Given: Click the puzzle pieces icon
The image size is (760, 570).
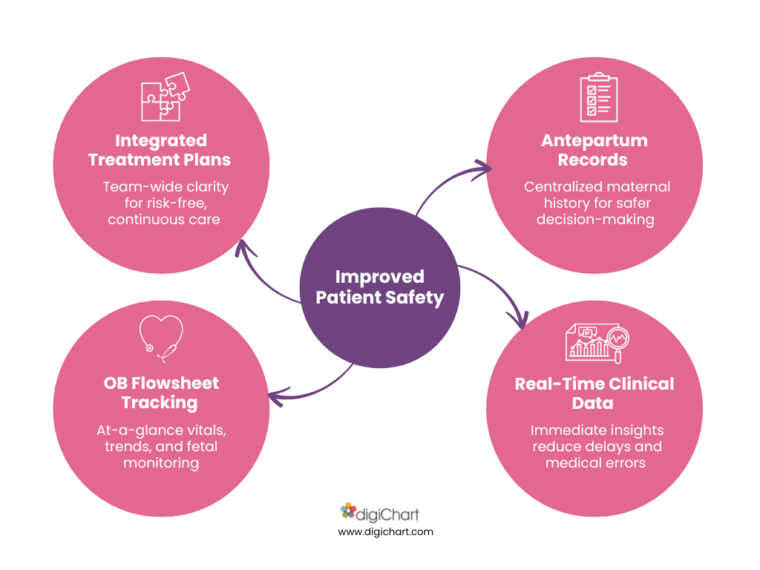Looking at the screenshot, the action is [x=166, y=96].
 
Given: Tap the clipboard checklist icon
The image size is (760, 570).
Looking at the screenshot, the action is [x=599, y=97].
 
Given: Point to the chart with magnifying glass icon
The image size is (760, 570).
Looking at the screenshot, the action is [x=597, y=343].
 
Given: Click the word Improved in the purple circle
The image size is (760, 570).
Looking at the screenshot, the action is [x=379, y=277].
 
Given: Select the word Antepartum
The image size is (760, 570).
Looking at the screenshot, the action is [x=594, y=140].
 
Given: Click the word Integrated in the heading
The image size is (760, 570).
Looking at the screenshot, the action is [x=161, y=140].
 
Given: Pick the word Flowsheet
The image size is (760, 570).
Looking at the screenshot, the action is [x=175, y=383].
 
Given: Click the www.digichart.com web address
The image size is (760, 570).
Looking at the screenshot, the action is [x=385, y=531].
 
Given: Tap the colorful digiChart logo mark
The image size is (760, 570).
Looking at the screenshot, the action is [x=347, y=511].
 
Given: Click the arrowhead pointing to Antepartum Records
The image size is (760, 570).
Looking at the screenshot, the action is [x=482, y=169].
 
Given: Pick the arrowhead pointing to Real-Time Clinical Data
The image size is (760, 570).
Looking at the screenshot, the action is [x=519, y=320].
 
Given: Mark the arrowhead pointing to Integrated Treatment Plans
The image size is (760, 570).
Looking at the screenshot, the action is [x=243, y=248].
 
